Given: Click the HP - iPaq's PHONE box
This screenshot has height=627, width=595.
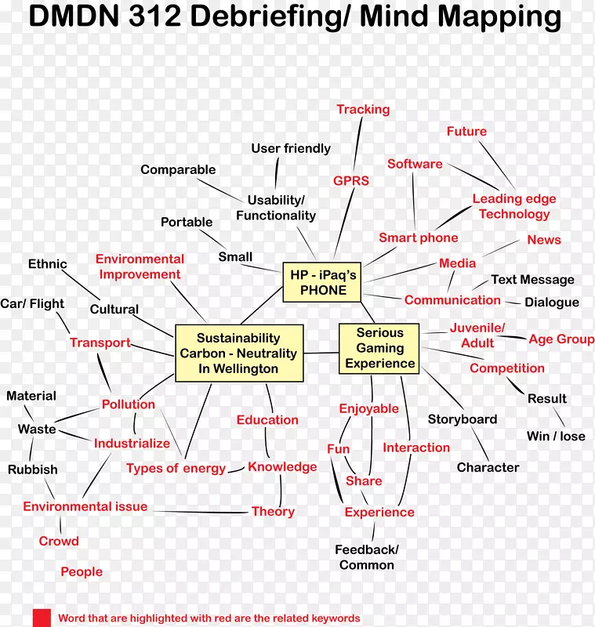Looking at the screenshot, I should pyautogui.click(x=322, y=282).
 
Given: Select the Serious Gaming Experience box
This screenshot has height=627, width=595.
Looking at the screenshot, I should pyautogui.click(x=380, y=348).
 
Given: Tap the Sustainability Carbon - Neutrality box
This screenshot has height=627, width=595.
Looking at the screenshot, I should pyautogui.click(x=238, y=353).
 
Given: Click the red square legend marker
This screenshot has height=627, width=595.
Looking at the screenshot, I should pyautogui.click(x=42, y=618).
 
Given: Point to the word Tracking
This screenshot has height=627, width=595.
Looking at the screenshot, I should pyautogui.click(x=363, y=109).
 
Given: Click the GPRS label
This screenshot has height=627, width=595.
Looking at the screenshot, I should pyautogui.click(x=350, y=180).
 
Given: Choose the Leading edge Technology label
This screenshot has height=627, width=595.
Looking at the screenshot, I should pyautogui.click(x=514, y=206).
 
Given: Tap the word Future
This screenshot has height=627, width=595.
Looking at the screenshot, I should pyautogui.click(x=466, y=131).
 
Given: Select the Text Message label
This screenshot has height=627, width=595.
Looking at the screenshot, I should pyautogui.click(x=532, y=279).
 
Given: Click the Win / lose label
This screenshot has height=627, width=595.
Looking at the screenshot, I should pyautogui.click(x=556, y=436).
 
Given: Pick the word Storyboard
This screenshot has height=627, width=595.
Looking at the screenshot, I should pyautogui.click(x=462, y=419).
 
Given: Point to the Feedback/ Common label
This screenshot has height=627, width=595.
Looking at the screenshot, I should pyautogui.click(x=367, y=557).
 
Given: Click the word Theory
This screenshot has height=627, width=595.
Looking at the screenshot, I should pyautogui.click(x=273, y=511).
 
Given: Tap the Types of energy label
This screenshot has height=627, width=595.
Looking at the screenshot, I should pyautogui.click(x=176, y=468).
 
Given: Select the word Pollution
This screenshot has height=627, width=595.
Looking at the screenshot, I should pyautogui.click(x=128, y=404).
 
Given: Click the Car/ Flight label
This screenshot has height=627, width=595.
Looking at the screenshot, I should pyautogui.click(x=32, y=303).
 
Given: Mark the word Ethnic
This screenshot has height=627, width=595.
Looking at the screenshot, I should pyautogui.click(x=48, y=263).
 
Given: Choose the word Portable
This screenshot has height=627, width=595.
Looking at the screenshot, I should pyautogui.click(x=187, y=222).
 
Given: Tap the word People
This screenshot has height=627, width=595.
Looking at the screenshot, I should pyautogui.click(x=82, y=571).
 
